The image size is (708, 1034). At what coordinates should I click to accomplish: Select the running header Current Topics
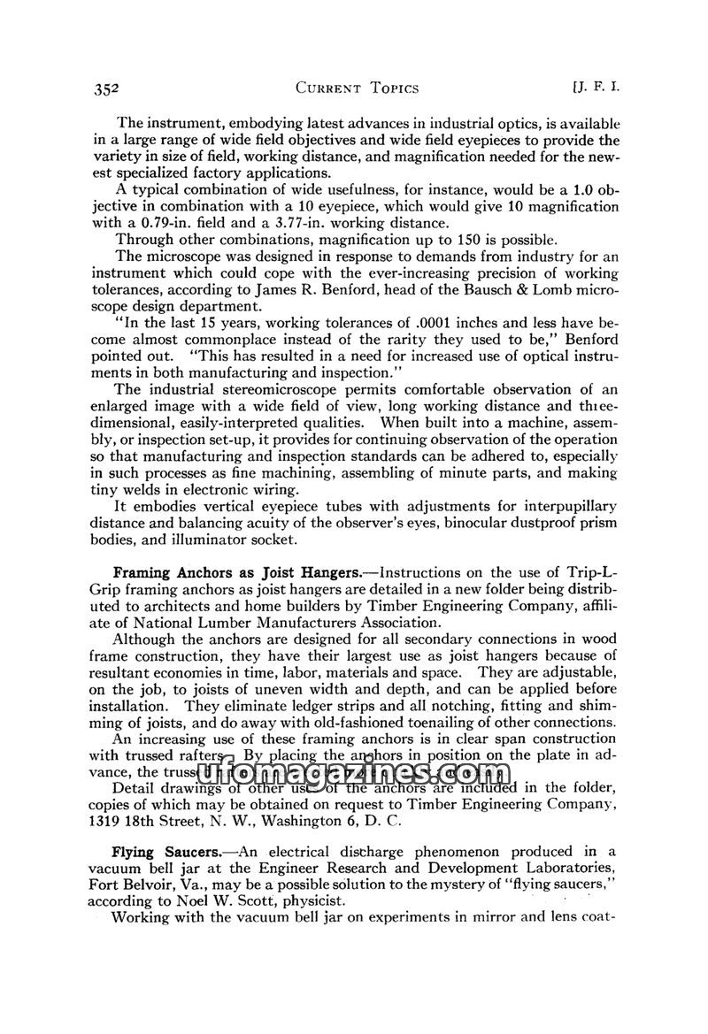point(358,88)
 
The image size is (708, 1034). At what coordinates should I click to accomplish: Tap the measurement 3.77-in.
point(306,222)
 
